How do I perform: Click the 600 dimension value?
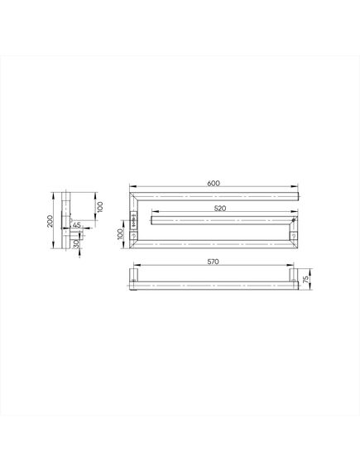pyautogui.click(x=214, y=183)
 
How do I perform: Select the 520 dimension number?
pyautogui.click(x=220, y=208)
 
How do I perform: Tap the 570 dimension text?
pyautogui.click(x=214, y=262)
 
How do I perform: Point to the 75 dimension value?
pyautogui.click(x=306, y=279)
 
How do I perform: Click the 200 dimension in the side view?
pyautogui.click(x=50, y=221)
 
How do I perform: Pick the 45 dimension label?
pyautogui.click(x=77, y=224)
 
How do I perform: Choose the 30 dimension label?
pyautogui.click(x=76, y=243)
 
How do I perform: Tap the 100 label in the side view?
pyautogui.click(x=100, y=207)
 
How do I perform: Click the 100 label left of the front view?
pyautogui.click(x=120, y=234)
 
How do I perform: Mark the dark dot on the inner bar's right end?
pyautogui.click(x=293, y=220)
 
